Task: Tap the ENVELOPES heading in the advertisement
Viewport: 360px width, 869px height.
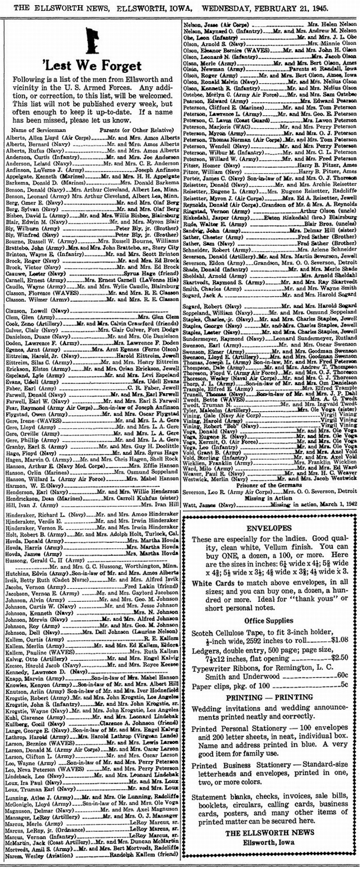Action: click(x=269, y=528)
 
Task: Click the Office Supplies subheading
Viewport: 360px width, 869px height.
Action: click(x=269, y=620)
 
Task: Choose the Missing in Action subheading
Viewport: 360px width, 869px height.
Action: click(x=269, y=497)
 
